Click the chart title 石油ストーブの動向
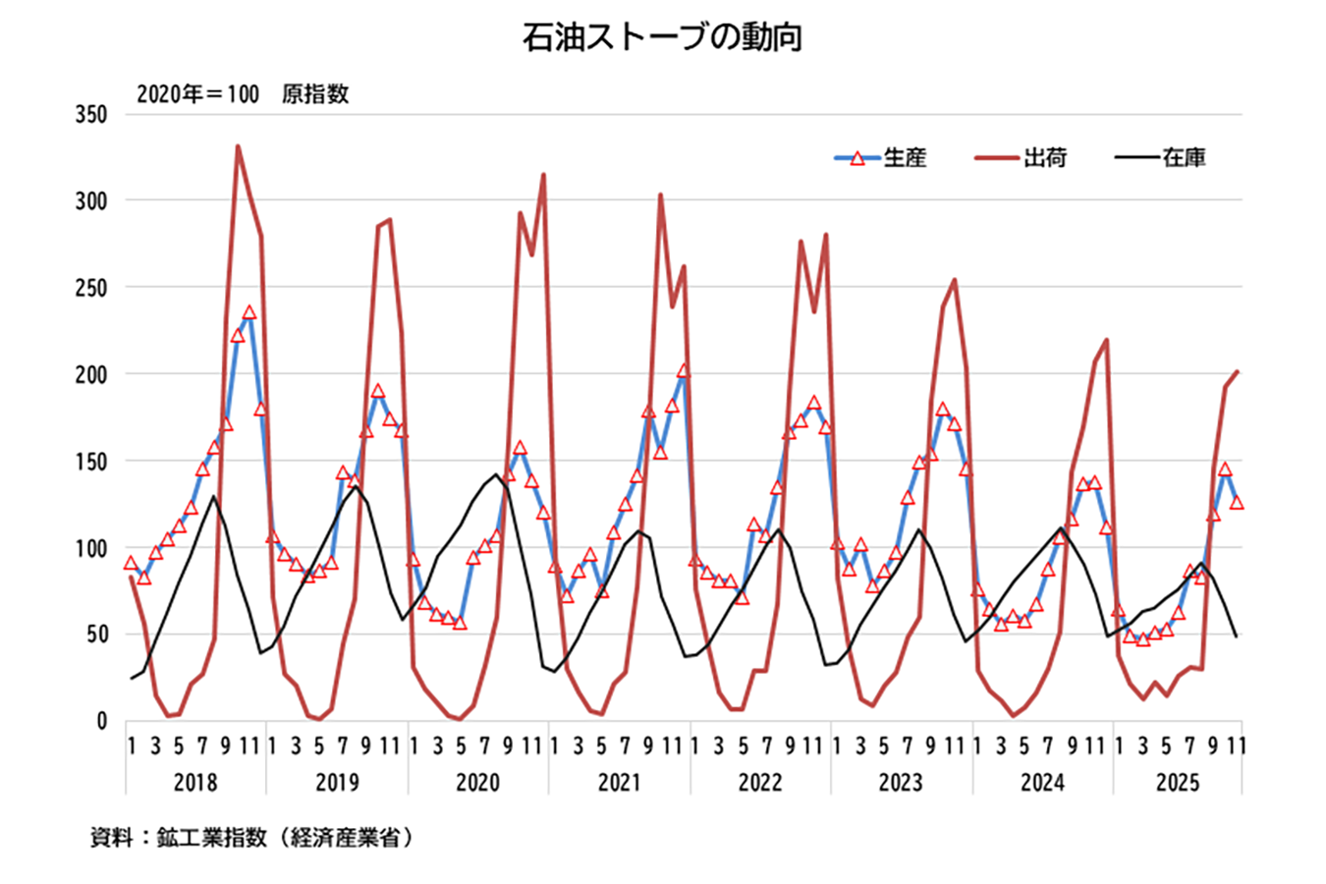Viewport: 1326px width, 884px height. tap(663, 37)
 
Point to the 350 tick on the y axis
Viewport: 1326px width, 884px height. tap(91, 115)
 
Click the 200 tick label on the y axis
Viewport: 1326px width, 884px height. tap(91, 374)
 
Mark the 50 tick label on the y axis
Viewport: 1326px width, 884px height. tap(95, 635)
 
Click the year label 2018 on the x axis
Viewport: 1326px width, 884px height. tap(195, 783)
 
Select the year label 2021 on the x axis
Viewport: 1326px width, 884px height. tap(619, 783)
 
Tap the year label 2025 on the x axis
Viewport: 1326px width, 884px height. tap(1177, 783)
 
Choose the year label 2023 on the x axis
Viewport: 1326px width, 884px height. tap(900, 783)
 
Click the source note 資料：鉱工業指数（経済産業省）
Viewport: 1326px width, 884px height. tap(251, 838)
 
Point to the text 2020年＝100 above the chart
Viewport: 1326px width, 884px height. tap(197, 94)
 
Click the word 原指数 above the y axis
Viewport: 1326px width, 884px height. tap(315, 94)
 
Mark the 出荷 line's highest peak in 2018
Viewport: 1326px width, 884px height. tap(238, 146)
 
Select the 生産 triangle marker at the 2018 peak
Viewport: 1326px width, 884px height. tap(249, 312)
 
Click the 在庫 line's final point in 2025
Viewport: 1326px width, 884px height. tap(1236, 636)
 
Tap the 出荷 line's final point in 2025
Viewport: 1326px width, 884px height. tap(1237, 371)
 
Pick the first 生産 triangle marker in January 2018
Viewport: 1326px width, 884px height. tap(131, 563)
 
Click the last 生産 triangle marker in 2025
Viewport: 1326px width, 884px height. tap(1237, 502)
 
